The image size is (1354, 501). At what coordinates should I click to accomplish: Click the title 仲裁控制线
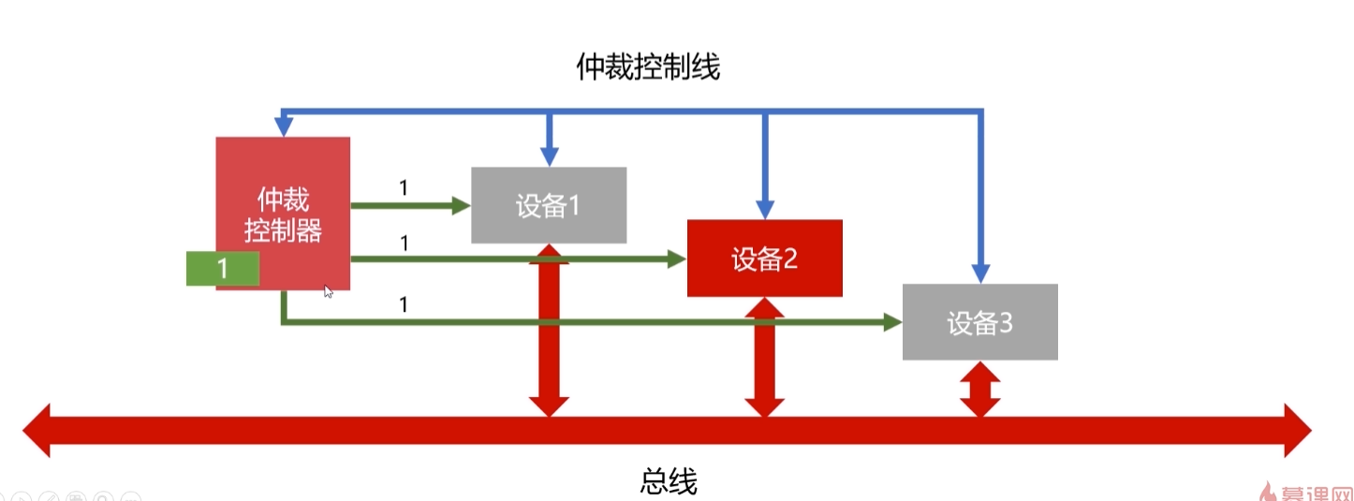click(648, 66)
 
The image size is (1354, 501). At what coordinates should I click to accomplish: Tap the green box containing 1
click(223, 269)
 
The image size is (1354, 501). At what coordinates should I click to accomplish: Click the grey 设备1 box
click(548, 205)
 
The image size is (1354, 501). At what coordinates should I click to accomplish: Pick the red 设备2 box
click(764, 258)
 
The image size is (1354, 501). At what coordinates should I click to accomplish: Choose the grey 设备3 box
click(979, 323)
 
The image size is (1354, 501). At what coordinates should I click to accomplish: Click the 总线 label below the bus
click(670, 481)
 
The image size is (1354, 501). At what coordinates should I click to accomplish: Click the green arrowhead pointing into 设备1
click(461, 205)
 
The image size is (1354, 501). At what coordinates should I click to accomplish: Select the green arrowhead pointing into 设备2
click(677, 259)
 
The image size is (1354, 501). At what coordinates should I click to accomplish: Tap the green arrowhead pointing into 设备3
click(892, 322)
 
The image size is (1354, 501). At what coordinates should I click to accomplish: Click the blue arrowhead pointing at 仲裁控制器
click(282, 125)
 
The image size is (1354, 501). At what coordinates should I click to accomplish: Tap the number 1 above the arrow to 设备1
click(404, 187)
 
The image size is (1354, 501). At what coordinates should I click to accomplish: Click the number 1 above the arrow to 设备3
click(404, 304)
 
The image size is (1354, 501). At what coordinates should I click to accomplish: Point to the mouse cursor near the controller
click(328, 291)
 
